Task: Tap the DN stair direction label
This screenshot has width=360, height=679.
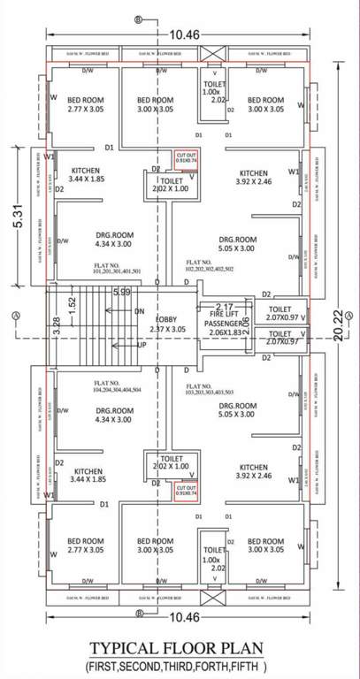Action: tap(139, 311)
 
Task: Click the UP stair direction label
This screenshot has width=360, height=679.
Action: tap(139, 345)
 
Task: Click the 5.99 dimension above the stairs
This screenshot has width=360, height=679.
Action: tap(122, 292)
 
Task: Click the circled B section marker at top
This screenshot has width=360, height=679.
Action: tap(137, 19)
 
